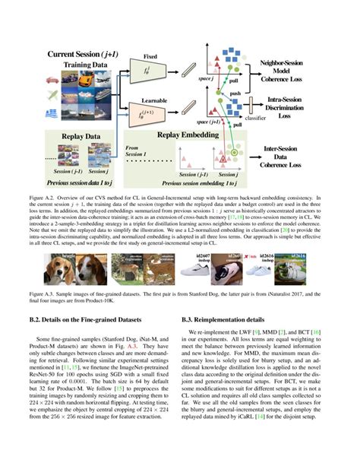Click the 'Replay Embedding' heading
[x=190, y=134]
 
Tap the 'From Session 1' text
[x=138, y=152]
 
